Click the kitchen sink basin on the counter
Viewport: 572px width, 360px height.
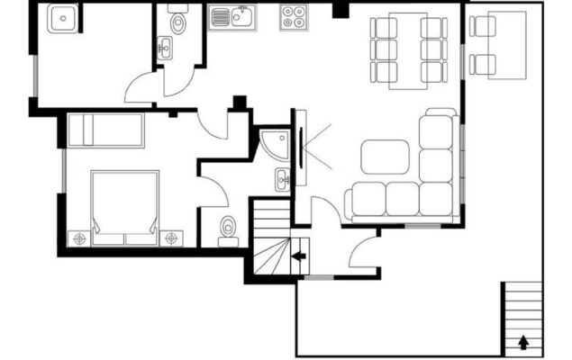240,15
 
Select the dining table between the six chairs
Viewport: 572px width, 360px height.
408,50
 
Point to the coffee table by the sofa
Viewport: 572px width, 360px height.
385,157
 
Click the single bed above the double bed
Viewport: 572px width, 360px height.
106,130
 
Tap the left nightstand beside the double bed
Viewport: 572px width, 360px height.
80,238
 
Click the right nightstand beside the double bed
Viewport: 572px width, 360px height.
172,238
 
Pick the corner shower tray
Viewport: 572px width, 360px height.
273,144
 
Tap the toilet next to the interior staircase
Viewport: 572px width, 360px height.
227,230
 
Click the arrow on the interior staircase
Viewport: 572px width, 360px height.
298,256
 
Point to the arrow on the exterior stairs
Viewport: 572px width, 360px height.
522,342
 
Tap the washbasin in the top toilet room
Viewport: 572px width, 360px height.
165,48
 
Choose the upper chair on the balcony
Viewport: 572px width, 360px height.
483,27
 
